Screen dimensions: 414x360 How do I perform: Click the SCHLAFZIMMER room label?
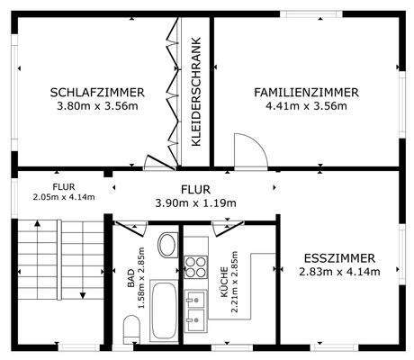click(97, 93)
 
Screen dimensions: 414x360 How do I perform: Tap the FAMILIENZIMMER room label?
click(306, 93)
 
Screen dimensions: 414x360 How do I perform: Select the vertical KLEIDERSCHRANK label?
click(195, 92)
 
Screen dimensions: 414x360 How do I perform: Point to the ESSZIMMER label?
click(339, 258)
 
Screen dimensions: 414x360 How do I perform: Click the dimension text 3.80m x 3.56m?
click(97, 106)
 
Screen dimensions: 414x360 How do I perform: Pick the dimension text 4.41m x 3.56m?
click(306, 106)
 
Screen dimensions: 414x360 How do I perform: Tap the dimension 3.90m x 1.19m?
click(195, 203)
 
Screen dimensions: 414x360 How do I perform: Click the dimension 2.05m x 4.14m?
click(64, 197)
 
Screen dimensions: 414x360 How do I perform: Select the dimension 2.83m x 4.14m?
click(339, 272)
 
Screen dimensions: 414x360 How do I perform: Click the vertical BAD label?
click(131, 278)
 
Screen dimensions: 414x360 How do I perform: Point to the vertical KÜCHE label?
click(224, 282)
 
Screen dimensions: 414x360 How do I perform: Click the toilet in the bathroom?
click(131, 329)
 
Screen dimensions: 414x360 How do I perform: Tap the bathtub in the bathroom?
click(164, 310)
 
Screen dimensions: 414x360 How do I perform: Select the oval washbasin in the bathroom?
click(167, 245)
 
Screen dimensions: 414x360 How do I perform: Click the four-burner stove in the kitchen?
click(195, 267)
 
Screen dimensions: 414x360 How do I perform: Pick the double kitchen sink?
click(195, 310)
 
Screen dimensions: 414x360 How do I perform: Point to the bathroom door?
click(130, 229)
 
